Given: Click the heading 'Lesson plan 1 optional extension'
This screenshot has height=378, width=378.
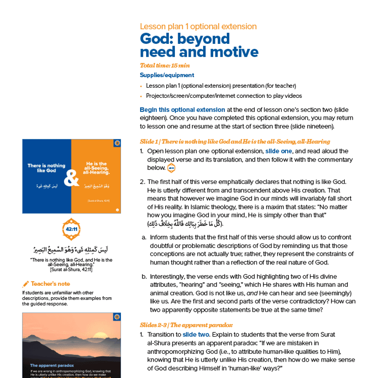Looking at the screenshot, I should tap(198, 26).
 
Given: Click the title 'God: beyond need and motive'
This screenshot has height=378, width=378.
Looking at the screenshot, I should tap(199, 45).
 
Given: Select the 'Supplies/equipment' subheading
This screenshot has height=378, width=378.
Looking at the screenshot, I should tap(167, 75).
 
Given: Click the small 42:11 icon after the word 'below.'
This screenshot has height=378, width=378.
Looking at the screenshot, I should tap(171, 168).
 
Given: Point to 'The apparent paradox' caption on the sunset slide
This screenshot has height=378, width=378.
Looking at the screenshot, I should tap(49, 366).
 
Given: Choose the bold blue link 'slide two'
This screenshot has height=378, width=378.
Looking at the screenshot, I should tap(196, 335).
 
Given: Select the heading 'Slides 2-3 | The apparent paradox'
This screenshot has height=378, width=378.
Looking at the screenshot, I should tap(186, 325).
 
